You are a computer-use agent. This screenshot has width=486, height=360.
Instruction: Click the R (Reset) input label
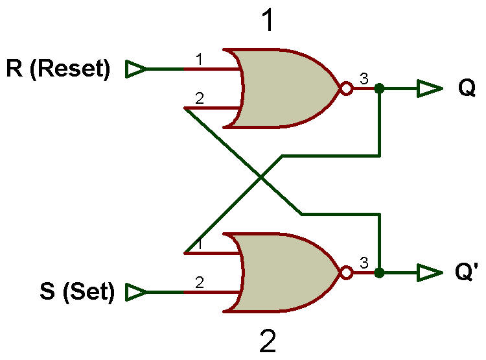[x=58, y=69]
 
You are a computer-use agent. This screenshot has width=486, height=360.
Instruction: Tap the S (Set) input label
[x=77, y=292]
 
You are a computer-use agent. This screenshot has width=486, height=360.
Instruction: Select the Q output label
[x=467, y=88]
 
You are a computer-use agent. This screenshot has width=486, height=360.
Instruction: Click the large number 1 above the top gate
[x=268, y=20]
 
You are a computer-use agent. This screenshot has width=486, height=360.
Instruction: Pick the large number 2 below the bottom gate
[x=268, y=341]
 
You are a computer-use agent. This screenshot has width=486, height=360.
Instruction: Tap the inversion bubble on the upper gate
[x=347, y=88]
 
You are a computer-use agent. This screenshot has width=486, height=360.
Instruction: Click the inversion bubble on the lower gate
[x=347, y=272]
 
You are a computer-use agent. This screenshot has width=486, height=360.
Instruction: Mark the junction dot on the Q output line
[x=379, y=88]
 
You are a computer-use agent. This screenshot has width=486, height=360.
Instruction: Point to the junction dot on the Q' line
[x=379, y=273]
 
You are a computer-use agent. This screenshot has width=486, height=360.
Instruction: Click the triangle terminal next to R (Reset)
[x=136, y=69]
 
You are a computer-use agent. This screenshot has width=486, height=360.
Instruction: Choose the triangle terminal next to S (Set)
[x=136, y=292]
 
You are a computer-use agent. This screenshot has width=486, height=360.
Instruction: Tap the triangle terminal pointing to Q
[x=429, y=88]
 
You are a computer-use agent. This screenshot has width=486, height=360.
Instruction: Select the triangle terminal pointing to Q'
[x=429, y=273]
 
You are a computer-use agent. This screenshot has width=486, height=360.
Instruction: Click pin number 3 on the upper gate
[x=364, y=78]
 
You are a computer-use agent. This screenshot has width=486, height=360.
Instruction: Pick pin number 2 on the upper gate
[x=200, y=99]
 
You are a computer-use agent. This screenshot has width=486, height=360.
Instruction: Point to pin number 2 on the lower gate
[x=200, y=282]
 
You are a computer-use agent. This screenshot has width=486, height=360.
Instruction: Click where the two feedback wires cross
[x=261, y=178]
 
